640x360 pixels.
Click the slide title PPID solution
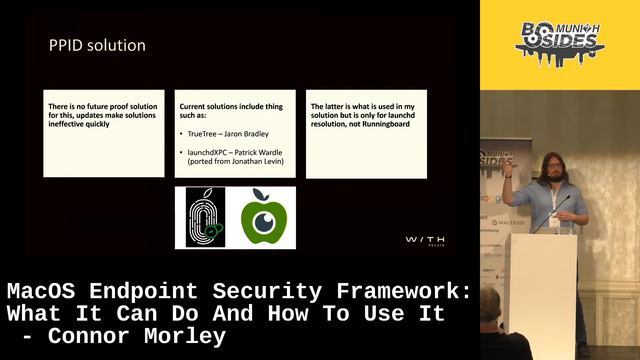pyautogui.click(x=97, y=45)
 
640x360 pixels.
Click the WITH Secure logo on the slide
pyautogui.click(x=425, y=240)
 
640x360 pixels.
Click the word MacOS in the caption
pyautogui.click(x=40, y=291)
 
